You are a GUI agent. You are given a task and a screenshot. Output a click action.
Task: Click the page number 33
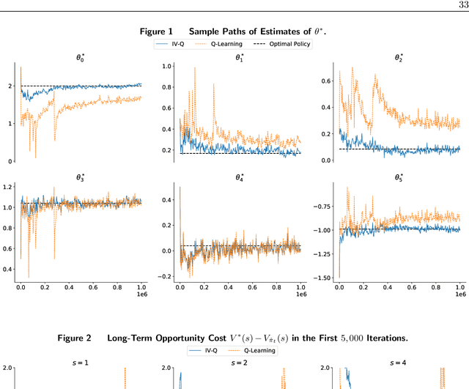[x=461, y=4]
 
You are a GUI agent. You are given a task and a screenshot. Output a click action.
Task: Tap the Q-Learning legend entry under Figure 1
[x=223, y=44]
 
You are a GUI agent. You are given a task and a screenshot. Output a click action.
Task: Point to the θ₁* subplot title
[x=240, y=56]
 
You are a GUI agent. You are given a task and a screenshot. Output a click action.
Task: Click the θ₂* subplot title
[x=399, y=56]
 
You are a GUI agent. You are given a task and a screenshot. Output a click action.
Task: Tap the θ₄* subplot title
[x=240, y=177]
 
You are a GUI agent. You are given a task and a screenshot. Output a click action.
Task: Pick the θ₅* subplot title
[x=399, y=177]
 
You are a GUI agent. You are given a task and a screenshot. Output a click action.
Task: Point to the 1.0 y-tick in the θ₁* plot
[x=166, y=66]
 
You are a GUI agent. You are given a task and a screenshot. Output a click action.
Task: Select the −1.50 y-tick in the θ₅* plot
[x=322, y=278]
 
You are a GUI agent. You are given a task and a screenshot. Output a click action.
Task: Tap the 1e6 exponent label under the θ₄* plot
[x=301, y=294]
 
